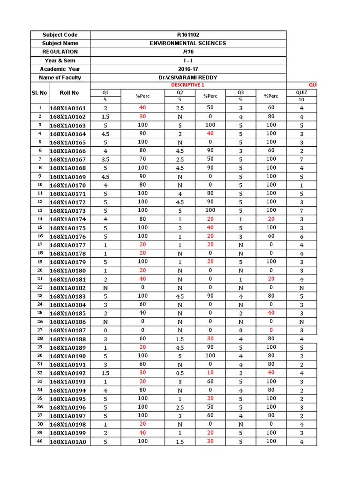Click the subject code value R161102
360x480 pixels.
[187, 35]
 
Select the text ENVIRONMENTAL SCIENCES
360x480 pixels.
[187, 43]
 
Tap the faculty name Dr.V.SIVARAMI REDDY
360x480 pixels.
[187, 77]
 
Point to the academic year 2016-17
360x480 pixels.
[187, 69]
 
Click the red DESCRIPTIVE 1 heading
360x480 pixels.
[187, 85]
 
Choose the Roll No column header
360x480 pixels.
[69, 93]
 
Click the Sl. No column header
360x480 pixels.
[40, 93]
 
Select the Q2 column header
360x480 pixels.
[179, 92]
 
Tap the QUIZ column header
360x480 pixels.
[302, 92]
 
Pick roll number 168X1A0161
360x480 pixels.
[68, 108]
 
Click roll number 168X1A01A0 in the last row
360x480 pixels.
[68, 442]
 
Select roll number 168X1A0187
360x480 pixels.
[68, 330]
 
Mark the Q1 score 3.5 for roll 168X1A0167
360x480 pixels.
[106, 159]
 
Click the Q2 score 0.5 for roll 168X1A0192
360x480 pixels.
[179, 373]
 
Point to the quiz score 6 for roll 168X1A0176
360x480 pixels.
[302, 237]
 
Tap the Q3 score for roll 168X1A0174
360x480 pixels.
[240, 219]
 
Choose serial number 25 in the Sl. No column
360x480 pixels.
[40, 313]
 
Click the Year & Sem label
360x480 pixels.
[60, 60]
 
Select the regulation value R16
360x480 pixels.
[187, 52]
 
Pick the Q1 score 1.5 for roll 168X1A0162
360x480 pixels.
[106, 117]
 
